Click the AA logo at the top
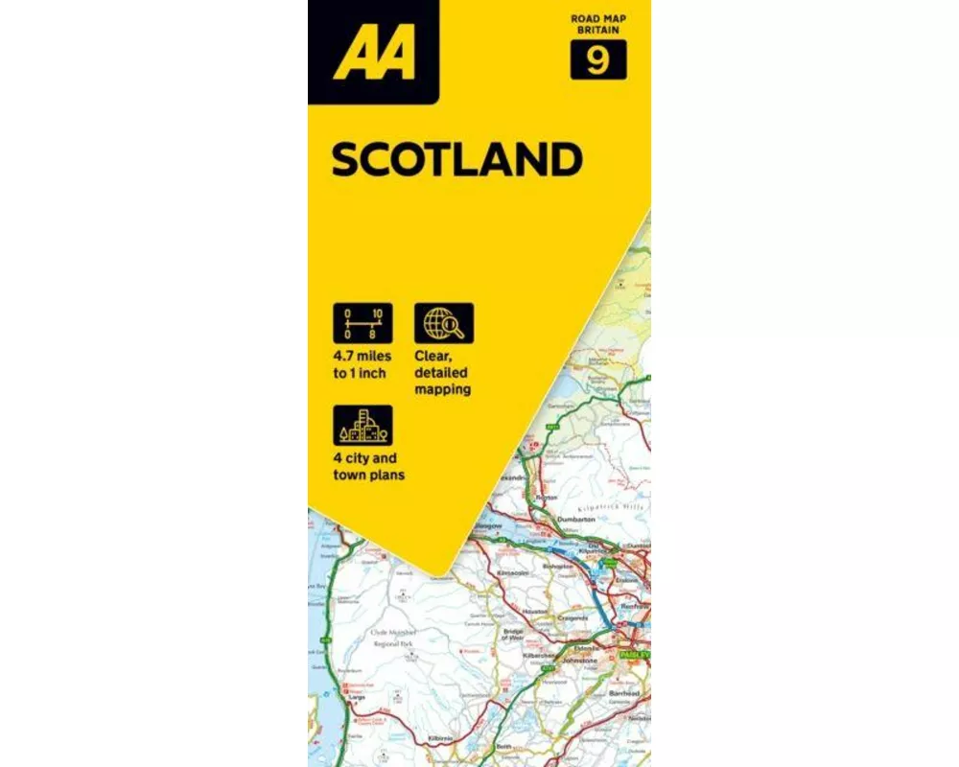click(374, 54)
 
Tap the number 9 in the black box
click(598, 61)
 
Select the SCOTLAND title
click(456, 160)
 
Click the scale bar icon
click(363, 323)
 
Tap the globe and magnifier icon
click(444, 323)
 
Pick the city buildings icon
click(363, 426)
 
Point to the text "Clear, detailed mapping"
click(442, 372)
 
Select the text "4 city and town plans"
click(369, 467)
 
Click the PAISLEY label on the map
click(634, 655)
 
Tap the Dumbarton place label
click(576, 519)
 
